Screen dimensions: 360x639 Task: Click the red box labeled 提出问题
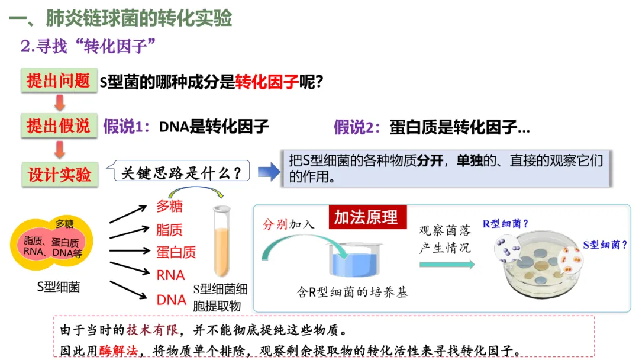(x=59, y=81)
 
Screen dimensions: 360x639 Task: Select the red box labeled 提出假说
(x=59, y=126)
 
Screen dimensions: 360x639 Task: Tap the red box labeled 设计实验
(x=59, y=174)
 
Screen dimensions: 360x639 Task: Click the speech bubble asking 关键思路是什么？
(x=181, y=173)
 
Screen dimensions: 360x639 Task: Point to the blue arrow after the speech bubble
(x=268, y=172)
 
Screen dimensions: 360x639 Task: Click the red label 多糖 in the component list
(x=169, y=206)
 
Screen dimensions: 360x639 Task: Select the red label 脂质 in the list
(x=169, y=230)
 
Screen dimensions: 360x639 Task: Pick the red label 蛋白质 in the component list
(x=176, y=252)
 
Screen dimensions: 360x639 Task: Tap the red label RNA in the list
(x=170, y=275)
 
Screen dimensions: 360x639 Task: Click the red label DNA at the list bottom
(x=172, y=300)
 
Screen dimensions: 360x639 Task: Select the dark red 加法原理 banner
(x=366, y=217)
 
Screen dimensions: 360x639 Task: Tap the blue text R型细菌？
(x=505, y=224)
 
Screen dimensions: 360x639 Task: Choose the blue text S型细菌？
(x=605, y=244)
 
